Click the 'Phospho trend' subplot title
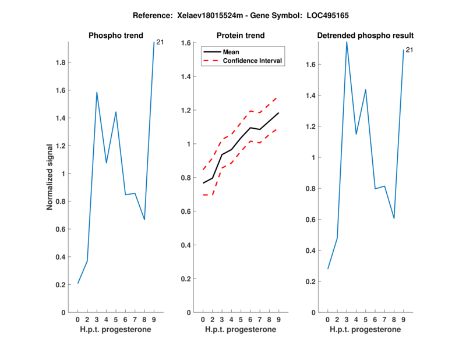point(116,36)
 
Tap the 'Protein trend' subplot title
point(241,36)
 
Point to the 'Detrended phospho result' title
point(365,36)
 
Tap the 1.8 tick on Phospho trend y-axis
point(60,63)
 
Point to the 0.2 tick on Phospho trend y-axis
point(60,285)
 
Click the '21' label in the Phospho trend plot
point(160,42)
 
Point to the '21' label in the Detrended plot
point(409,50)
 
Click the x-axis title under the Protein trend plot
point(241,329)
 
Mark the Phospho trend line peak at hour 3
point(97,92)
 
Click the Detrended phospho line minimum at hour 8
point(394,218)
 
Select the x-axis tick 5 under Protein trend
point(241,319)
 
